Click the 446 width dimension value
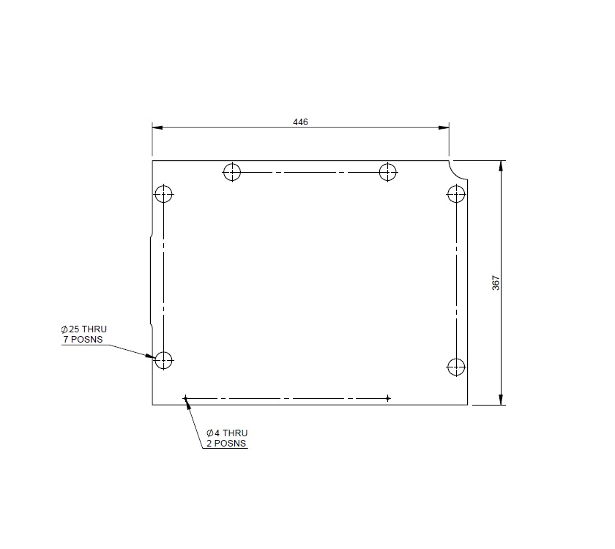pyautogui.click(x=300, y=122)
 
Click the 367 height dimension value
pyautogui.click(x=495, y=283)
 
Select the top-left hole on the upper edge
pyautogui.click(x=232, y=172)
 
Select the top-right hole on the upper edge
pyautogui.click(x=387, y=172)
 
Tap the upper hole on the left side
pyautogui.click(x=163, y=195)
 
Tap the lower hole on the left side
pyautogui.click(x=163, y=359)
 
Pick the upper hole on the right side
pyautogui.click(x=456, y=195)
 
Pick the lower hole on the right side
pyautogui.click(x=456, y=366)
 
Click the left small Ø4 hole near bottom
pyautogui.click(x=186, y=398)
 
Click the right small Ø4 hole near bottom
pyautogui.click(x=387, y=398)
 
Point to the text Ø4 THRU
pyautogui.click(x=228, y=433)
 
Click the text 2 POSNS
pyautogui.click(x=226, y=443)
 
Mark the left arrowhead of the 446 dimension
pyautogui.click(x=157, y=127)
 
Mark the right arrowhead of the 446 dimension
pyautogui.click(x=444, y=127)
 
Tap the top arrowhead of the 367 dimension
pyautogui.click(x=501, y=165)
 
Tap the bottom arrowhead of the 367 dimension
pyautogui.click(x=501, y=399)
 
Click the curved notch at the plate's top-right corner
pyautogui.click(x=459, y=171)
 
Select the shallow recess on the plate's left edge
pyautogui.click(x=150, y=283)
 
